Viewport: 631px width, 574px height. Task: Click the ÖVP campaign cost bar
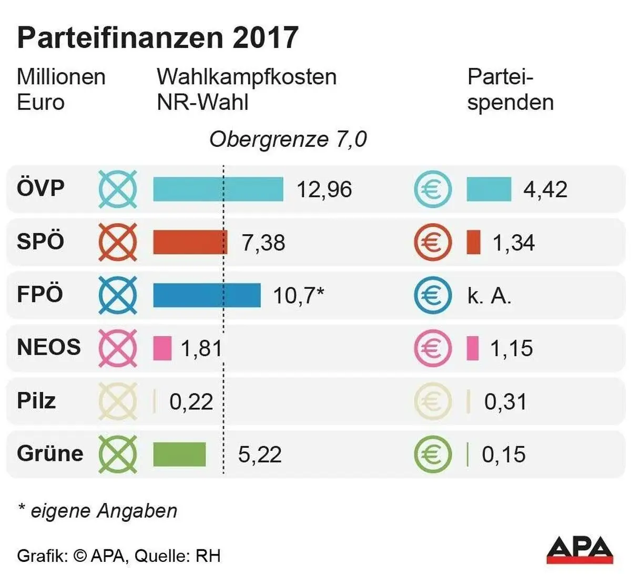(218, 189)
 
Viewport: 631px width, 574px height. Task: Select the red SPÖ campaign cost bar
(190, 243)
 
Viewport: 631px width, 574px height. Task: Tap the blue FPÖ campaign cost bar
(207, 295)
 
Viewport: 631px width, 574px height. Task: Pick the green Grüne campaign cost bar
(179, 454)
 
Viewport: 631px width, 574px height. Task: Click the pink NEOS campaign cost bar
(162, 348)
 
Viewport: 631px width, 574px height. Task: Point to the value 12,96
(324, 189)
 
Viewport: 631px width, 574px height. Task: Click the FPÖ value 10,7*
(298, 296)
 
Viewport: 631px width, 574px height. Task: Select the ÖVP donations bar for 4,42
(488, 189)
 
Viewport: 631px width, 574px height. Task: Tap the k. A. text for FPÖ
(489, 296)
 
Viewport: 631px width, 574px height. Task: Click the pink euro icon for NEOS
(432, 348)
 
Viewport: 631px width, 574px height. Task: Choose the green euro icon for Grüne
(432, 454)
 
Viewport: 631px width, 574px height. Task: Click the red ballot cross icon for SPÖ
(118, 243)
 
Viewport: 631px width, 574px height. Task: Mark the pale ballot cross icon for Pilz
(118, 401)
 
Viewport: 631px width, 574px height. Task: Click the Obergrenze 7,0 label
(288, 139)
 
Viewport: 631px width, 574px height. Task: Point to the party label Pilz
(36, 401)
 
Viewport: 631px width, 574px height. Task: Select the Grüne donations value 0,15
(503, 455)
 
